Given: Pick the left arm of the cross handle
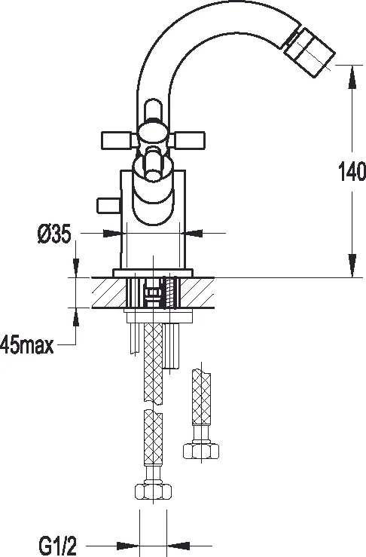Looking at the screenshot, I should [117, 139].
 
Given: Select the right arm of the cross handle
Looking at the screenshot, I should [191, 139].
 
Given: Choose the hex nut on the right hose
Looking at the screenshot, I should [200, 451].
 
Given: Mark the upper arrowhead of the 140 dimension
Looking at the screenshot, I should [351, 73].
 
